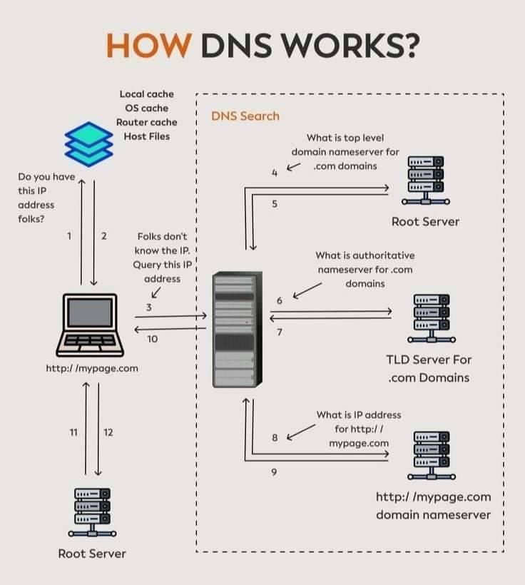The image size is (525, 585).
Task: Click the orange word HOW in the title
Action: tap(149, 46)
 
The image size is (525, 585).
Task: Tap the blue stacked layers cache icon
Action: tap(88, 144)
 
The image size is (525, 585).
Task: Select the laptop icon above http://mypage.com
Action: tap(90, 325)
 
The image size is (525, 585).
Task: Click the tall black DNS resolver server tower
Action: tap(238, 330)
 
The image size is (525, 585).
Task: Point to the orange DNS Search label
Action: tap(245, 116)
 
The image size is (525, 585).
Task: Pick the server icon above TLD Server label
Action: tap(432, 318)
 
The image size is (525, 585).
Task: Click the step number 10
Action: tap(152, 339)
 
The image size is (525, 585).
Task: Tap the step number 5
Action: tap(275, 204)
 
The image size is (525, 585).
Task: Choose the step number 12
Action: tap(108, 432)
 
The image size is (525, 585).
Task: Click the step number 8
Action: tap(275, 437)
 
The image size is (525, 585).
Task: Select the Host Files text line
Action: tap(147, 136)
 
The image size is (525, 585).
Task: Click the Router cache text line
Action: tap(147, 123)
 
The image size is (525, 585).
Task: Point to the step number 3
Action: tap(149, 307)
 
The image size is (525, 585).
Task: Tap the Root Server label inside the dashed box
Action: tap(425, 222)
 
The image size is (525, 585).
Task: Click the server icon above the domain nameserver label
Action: tap(432, 456)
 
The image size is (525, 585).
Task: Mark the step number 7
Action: tap(280, 332)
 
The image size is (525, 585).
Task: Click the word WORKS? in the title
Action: tap(350, 46)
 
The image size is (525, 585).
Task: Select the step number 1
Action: tap(69, 236)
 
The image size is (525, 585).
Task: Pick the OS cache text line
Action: tap(147, 108)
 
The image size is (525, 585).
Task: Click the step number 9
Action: tap(274, 472)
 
